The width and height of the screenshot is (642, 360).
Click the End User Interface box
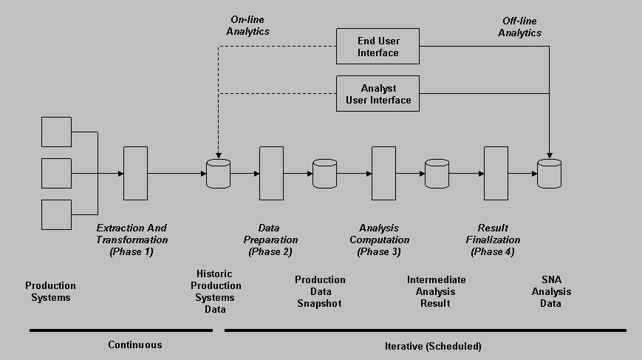tap(378, 47)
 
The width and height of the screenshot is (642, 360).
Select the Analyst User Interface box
tap(378, 94)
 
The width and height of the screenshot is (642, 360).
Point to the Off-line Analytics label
tap(519, 27)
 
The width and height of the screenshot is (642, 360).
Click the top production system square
tap(56, 132)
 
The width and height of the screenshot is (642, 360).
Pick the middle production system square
tap(56, 173)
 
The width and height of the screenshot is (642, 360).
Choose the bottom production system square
tap(56, 214)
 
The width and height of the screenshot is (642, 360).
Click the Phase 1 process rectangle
tap(135, 173)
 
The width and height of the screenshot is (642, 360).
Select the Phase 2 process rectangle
tap(271, 173)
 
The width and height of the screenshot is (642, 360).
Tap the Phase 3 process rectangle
tap(383, 173)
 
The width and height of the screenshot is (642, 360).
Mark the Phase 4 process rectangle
tap(496, 173)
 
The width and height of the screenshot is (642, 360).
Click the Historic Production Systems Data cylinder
tap(219, 174)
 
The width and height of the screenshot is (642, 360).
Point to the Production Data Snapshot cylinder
tap(324, 174)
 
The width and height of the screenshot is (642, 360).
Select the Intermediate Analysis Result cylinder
tap(437, 174)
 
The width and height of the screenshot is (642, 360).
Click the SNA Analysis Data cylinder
tap(549, 174)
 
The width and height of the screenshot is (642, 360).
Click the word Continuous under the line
tap(134, 344)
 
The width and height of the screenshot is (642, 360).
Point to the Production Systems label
tap(50, 291)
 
